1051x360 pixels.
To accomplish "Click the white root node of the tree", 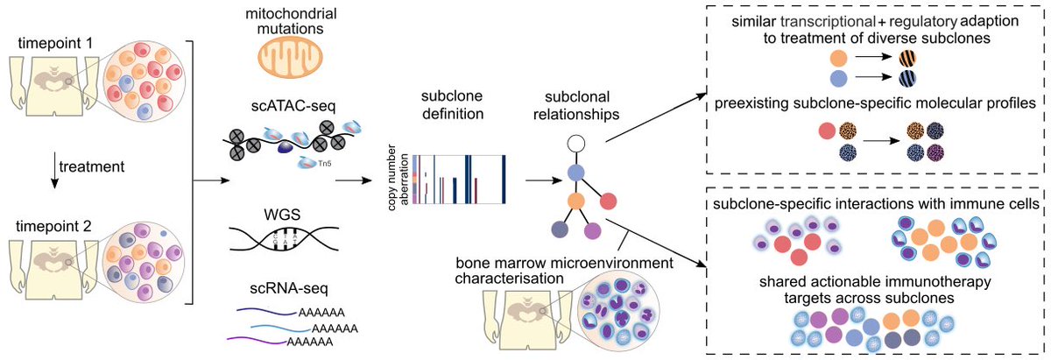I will [575, 142].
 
